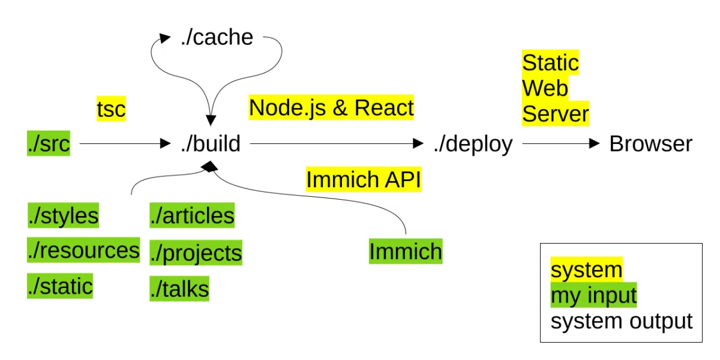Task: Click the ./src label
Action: point(49,144)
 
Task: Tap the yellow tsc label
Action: point(111,109)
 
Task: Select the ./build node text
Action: point(211,144)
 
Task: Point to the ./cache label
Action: point(217,38)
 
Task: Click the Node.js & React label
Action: point(331,108)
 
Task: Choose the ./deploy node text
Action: point(473,144)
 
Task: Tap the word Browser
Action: point(650,144)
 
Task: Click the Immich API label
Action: point(364,179)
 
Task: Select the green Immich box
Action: point(405,251)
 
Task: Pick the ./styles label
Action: point(63,215)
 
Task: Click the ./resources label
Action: point(83,250)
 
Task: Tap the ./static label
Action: point(60,286)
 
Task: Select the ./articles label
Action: point(192,215)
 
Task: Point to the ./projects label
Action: point(196,253)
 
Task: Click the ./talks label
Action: point(179,289)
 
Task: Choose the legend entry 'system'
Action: point(586,270)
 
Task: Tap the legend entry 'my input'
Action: point(593,295)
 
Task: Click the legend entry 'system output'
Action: point(621,321)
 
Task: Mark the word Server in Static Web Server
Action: point(555,113)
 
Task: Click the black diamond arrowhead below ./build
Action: point(209,169)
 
